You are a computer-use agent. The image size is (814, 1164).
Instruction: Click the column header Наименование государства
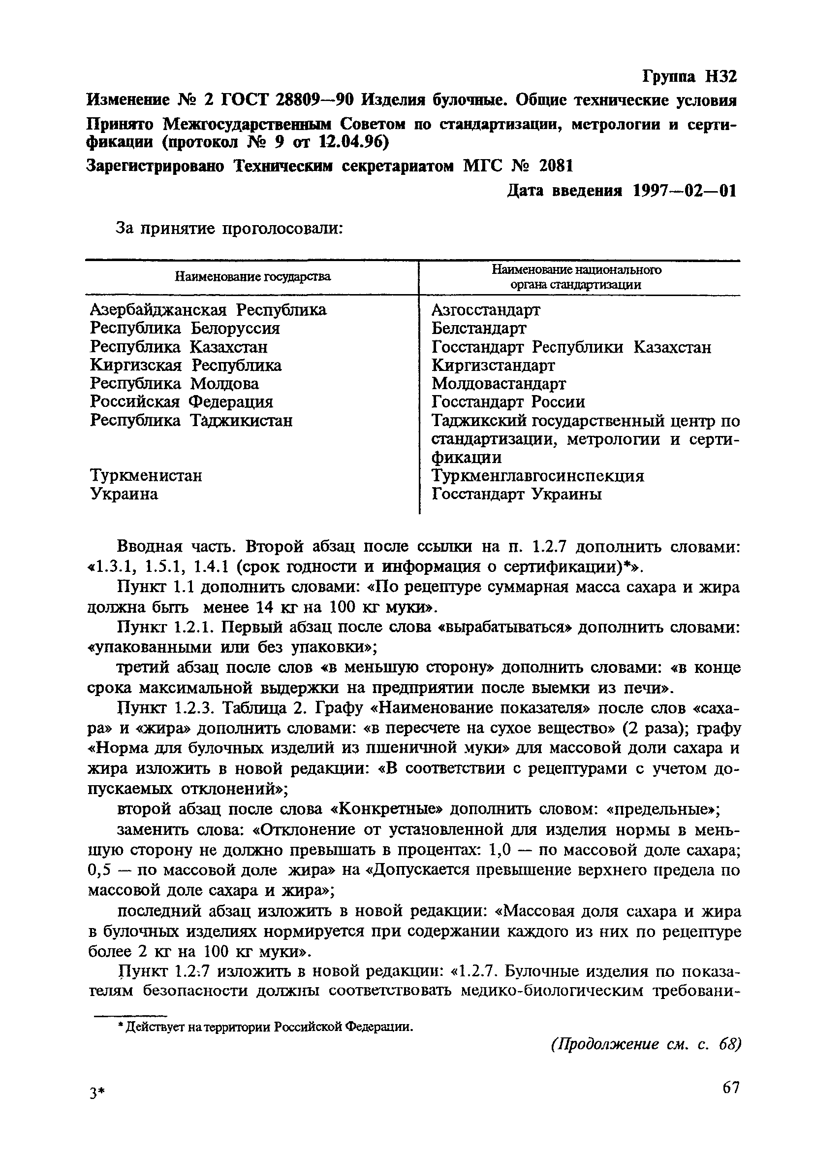pyautogui.click(x=252, y=276)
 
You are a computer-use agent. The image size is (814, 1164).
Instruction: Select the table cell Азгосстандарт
pyautogui.click(x=486, y=309)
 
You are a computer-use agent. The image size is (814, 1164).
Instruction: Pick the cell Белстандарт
pyautogui.click(x=479, y=328)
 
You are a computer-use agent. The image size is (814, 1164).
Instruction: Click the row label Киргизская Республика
pyautogui.click(x=186, y=365)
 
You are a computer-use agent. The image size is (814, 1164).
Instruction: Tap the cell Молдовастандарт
pyautogui.click(x=499, y=383)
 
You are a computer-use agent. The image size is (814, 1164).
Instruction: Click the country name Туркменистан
pyautogui.click(x=146, y=475)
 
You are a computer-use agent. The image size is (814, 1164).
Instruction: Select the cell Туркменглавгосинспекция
pyautogui.click(x=537, y=475)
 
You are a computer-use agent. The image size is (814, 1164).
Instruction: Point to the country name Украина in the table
pyautogui.click(x=124, y=493)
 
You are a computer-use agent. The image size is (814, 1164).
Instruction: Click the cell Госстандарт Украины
pyautogui.click(x=517, y=493)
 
